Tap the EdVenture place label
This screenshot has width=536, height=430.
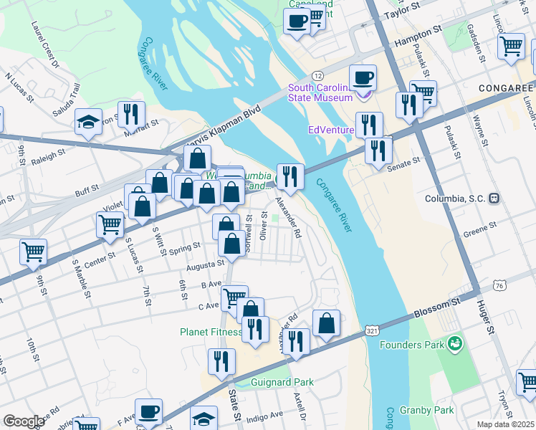pyautogui.click(x=331, y=130)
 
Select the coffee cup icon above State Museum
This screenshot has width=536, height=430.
pyautogui.click(x=363, y=77)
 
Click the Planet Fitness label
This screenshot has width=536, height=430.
pyautogui.click(x=209, y=332)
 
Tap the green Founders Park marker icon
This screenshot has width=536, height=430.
pyautogui.click(x=453, y=345)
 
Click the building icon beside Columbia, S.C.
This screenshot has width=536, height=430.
pyautogui.click(x=494, y=198)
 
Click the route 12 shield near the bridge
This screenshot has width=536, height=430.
pyautogui.click(x=317, y=75)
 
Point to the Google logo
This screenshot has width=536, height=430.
pyautogui.click(x=24, y=421)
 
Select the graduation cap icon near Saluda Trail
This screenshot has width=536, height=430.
pyautogui.click(x=88, y=121)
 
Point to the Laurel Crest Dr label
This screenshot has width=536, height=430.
pyautogui.click(x=44, y=44)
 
